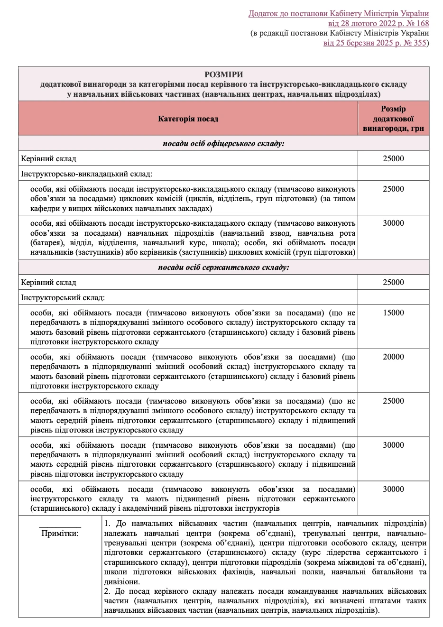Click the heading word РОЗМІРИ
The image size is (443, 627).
click(x=223, y=74)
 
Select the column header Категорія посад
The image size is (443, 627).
click(x=188, y=119)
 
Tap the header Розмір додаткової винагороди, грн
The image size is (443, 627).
click(x=393, y=119)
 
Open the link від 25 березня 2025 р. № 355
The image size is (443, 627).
click(x=375, y=43)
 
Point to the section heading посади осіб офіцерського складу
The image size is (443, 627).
click(x=223, y=143)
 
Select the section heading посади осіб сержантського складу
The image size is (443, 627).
click(x=223, y=267)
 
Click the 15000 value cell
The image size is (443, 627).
click(x=393, y=313)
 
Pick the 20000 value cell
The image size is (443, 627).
click(x=393, y=357)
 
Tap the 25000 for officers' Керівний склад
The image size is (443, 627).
click(x=393, y=158)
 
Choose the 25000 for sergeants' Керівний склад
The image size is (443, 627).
click(x=393, y=282)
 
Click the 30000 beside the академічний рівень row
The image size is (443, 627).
click(x=393, y=489)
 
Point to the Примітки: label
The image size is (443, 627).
click(x=60, y=533)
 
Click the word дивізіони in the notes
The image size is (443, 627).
click(x=121, y=581)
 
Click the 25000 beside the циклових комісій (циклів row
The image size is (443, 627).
click(x=393, y=189)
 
